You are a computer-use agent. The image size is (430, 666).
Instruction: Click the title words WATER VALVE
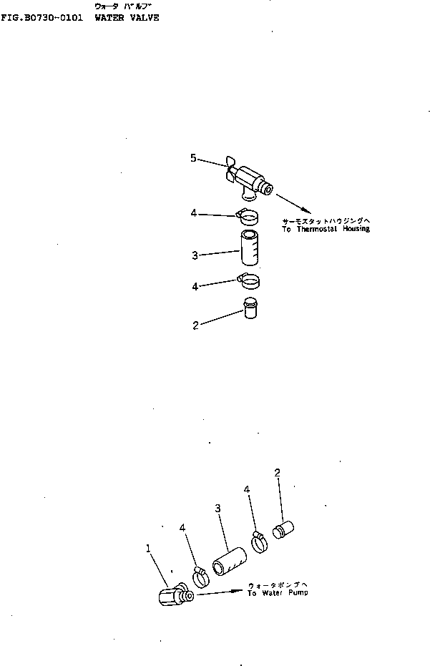(127, 17)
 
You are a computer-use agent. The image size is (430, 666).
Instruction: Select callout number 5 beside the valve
(193, 158)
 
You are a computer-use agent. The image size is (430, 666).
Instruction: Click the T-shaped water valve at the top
(250, 179)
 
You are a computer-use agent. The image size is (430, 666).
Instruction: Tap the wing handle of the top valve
(230, 166)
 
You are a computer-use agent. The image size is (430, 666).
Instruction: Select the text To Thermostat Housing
(326, 229)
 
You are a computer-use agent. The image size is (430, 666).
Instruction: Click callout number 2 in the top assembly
(195, 325)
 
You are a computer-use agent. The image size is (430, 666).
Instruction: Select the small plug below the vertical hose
(249, 310)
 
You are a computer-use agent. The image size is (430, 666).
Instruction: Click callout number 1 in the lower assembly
(148, 549)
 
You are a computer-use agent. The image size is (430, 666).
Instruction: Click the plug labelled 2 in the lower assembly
(285, 531)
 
